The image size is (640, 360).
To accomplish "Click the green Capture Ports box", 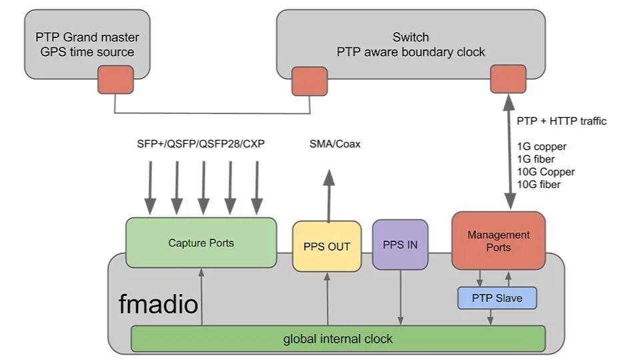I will click(x=201, y=243).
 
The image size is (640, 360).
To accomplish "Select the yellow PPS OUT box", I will click(x=327, y=246).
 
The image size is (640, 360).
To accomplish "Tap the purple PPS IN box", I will click(x=400, y=245).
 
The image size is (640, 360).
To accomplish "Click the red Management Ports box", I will click(x=498, y=241).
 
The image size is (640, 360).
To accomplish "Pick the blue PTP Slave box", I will click(x=497, y=298).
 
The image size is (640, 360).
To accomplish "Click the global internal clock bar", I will click(x=338, y=339).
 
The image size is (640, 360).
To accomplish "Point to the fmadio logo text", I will click(x=158, y=305).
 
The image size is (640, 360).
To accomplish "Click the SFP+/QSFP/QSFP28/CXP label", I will click(x=200, y=144).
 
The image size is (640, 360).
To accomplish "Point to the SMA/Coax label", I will click(x=335, y=144).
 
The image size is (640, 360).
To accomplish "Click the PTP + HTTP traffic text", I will click(x=561, y=121).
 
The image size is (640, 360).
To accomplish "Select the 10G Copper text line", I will click(x=545, y=172).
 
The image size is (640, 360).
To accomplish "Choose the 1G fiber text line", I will click(x=535, y=159).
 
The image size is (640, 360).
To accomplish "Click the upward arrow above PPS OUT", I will click(x=328, y=193).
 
